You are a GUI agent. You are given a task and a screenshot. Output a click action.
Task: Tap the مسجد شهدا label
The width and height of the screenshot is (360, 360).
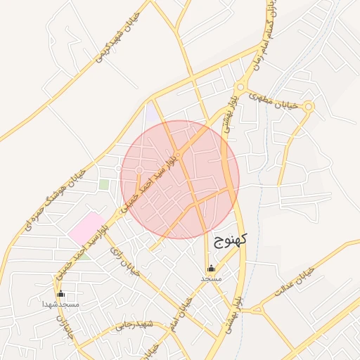60,304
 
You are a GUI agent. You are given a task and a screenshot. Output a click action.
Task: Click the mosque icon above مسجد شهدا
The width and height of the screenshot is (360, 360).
60,294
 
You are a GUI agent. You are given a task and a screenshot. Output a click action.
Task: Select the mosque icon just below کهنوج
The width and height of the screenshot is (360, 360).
211,268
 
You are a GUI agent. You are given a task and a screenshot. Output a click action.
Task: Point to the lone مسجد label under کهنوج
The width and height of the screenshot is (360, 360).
211,278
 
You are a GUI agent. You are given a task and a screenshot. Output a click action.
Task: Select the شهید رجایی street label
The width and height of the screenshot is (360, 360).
134,325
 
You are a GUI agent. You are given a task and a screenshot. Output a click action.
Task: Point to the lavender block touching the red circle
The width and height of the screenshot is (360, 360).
152,112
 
